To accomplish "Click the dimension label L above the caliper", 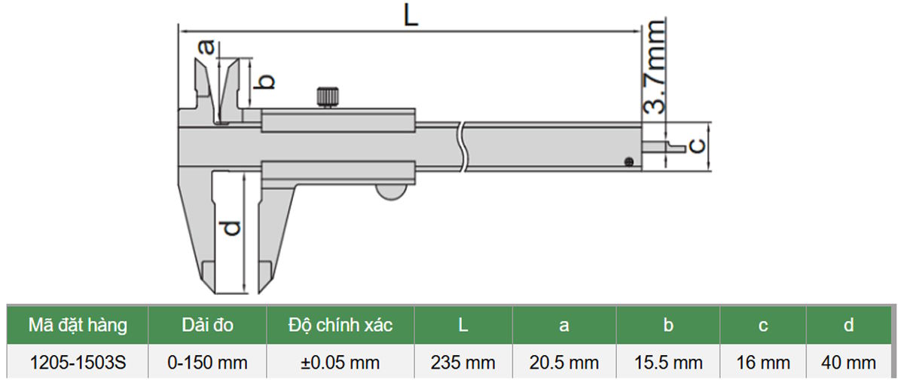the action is tap(411, 17).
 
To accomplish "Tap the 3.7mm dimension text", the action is tap(653, 66).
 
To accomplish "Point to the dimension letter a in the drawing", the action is tap(207, 47).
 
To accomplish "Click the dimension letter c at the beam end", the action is tap(697, 146).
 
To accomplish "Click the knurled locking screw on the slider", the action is tap(327, 97).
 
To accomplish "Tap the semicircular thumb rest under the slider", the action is tap(391, 192).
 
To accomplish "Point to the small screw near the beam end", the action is tap(628, 162).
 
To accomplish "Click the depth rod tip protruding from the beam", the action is tap(664, 146).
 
